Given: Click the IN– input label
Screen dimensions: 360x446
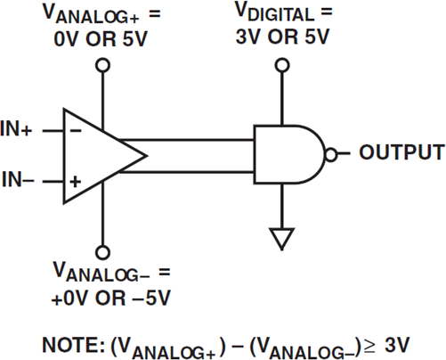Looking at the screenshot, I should [18, 181].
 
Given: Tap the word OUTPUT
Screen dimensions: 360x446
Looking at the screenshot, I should [401, 152].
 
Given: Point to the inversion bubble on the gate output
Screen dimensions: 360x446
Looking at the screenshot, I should [331, 154].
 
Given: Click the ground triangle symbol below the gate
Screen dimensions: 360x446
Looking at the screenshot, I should [281, 238].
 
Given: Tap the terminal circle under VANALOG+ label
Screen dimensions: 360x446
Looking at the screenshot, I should [103, 65].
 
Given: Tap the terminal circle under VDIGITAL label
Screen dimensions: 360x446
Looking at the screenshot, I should [281, 65].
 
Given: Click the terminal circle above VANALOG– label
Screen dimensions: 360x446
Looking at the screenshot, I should [103, 250].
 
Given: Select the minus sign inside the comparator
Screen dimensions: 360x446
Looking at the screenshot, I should [75, 130].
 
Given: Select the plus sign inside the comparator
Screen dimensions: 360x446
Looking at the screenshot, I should [75, 181].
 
